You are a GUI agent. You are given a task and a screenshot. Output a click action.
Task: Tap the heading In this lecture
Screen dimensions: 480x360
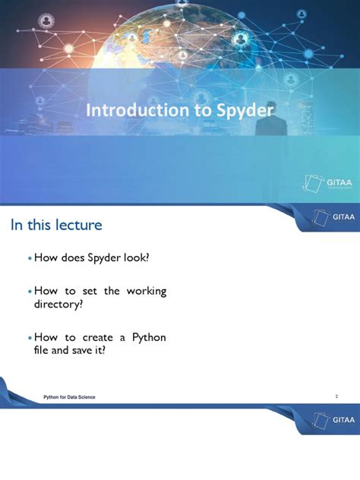coord(55,225)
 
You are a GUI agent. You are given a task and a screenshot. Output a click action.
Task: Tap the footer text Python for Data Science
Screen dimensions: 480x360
coord(69,398)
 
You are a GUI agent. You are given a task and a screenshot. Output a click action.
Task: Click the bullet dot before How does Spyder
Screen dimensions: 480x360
coord(30,259)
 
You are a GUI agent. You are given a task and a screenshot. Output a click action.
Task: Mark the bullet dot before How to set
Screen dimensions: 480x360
coord(30,292)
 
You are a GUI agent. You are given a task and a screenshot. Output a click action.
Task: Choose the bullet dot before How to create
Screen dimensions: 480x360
coord(30,338)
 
